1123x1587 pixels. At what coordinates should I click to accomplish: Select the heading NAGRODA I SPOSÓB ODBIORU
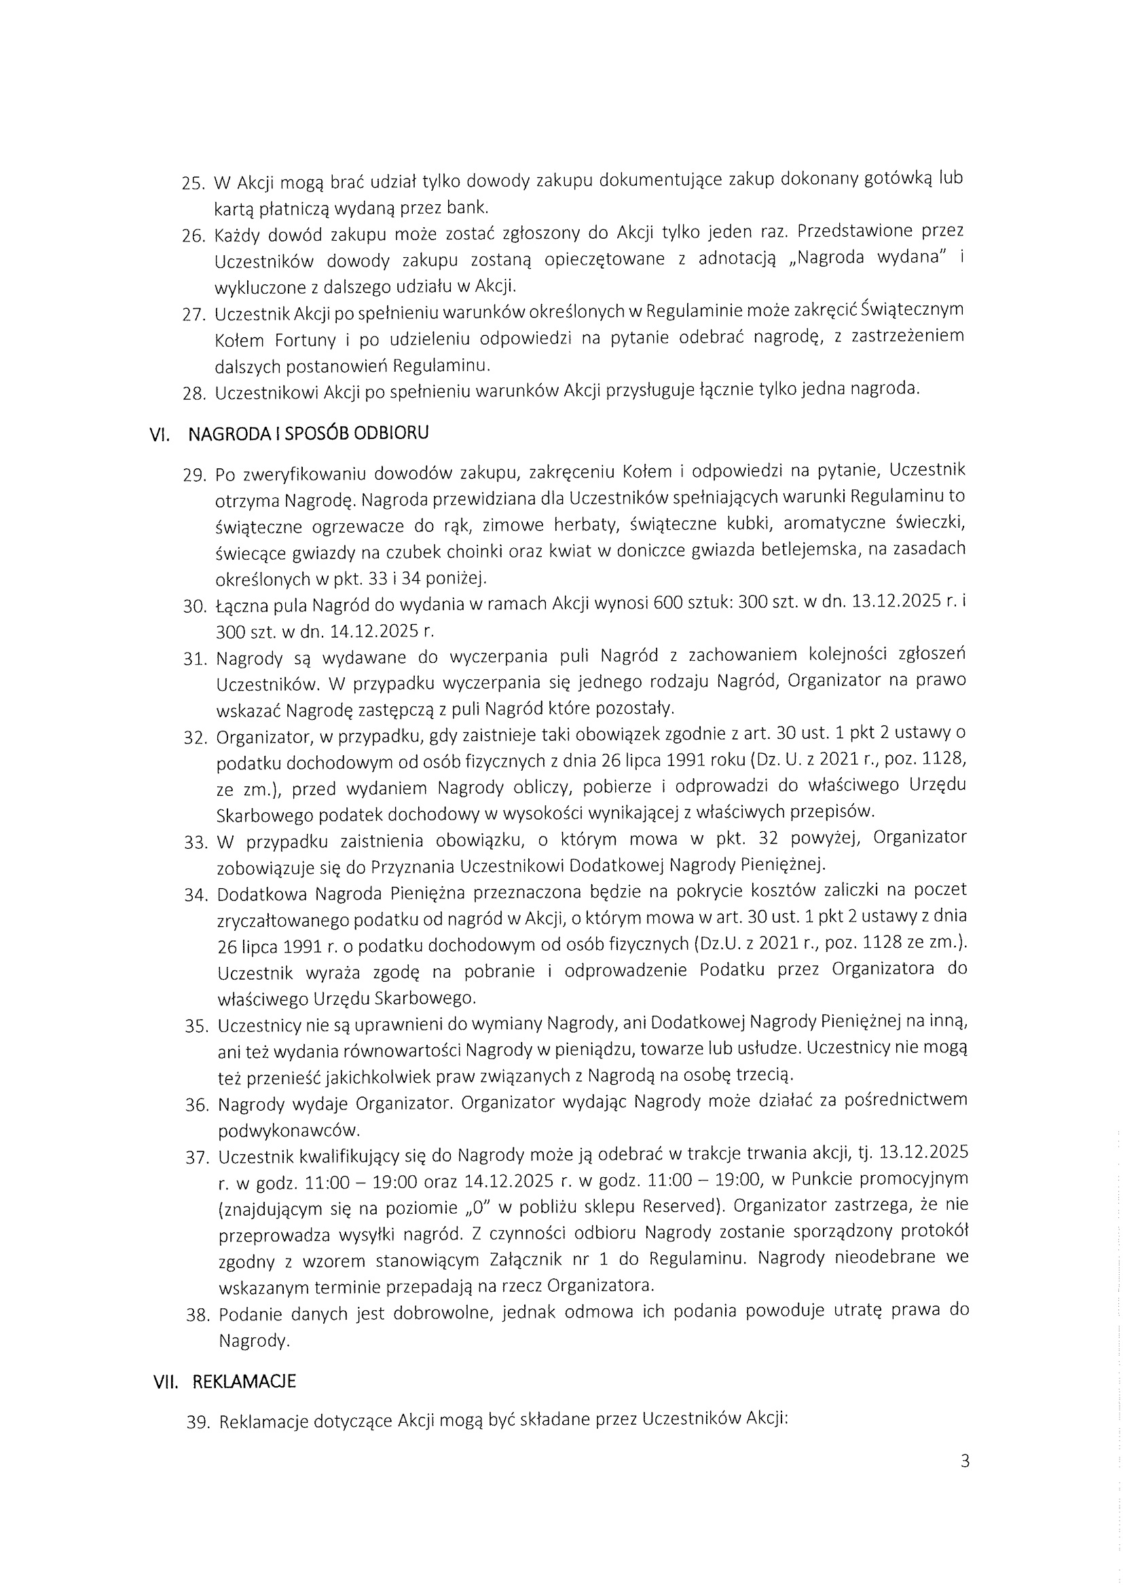point(308,434)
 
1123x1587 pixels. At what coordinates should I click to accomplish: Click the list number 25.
point(194,184)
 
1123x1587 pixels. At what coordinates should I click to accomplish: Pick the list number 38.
point(197,1315)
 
